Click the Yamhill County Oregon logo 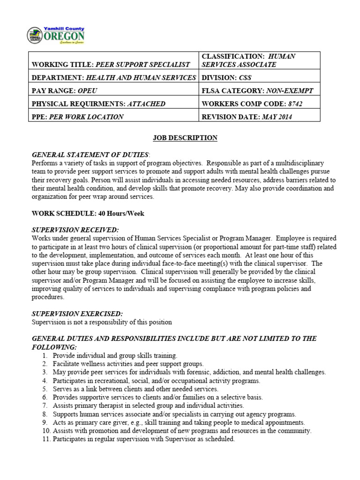[57, 35]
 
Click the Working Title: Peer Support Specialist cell [111, 65]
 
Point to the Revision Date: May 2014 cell [247, 117]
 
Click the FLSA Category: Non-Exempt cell [257, 90]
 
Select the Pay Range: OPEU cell [66, 90]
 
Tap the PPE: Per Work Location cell [77, 117]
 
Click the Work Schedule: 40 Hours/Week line [88, 214]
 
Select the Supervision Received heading [75, 230]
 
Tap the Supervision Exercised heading [77, 314]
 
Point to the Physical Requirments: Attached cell [98, 104]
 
